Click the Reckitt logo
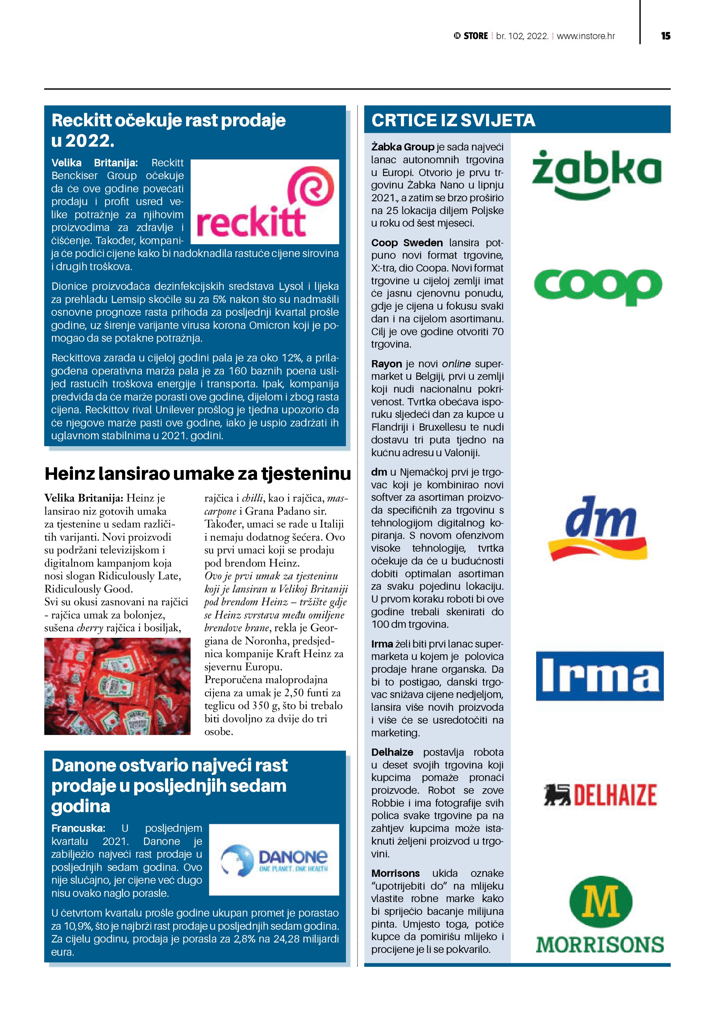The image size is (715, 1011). pos(265,202)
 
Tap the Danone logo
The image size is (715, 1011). pos(274,860)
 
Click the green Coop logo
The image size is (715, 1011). pos(598,286)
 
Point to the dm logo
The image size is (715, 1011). pos(598,527)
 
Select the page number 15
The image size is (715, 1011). pos(665,36)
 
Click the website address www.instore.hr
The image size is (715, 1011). pos(586,36)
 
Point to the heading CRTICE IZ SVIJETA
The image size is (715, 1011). pos(453,120)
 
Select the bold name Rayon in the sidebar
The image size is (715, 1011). pos(386,364)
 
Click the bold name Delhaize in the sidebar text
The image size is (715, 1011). pos(392,752)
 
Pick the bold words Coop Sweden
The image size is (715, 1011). pos(407,242)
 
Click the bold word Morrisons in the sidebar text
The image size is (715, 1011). pos(395,873)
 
